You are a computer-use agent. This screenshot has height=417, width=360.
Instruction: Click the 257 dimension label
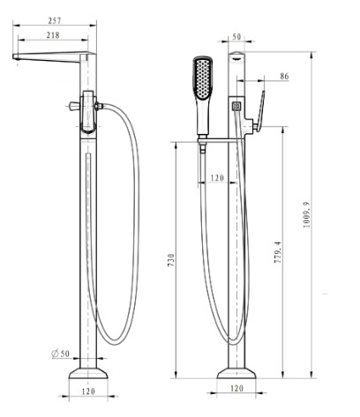[x=55, y=20]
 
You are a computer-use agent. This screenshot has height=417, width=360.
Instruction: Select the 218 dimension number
[x=53, y=35]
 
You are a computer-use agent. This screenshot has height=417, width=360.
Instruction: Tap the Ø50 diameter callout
[x=61, y=354]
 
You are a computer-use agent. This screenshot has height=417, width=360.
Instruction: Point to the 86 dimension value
[x=284, y=76]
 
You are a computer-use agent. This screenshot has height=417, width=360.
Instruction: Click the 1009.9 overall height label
[x=306, y=214]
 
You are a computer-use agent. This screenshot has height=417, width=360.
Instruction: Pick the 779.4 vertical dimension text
[x=278, y=252]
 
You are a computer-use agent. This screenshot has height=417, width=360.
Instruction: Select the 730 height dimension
[x=171, y=260]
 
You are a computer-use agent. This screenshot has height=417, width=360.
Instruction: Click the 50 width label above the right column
[x=236, y=37]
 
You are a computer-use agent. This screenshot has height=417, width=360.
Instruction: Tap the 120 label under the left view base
[x=88, y=391]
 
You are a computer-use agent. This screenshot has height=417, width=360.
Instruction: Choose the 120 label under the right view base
[x=236, y=388]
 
